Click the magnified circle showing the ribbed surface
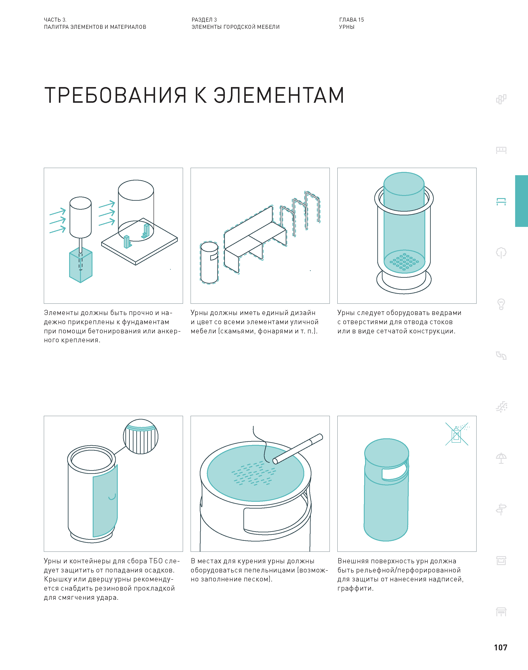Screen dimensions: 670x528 click(x=141, y=437)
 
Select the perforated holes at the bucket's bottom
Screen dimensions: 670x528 click(x=404, y=262)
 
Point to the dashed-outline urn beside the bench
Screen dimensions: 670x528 click(x=209, y=263)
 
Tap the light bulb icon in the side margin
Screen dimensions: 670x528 click(x=501, y=304)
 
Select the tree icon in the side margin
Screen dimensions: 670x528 click(x=501, y=253)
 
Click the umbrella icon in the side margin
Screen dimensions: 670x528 click(x=501, y=458)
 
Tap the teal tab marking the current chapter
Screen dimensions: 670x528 click(x=521, y=201)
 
